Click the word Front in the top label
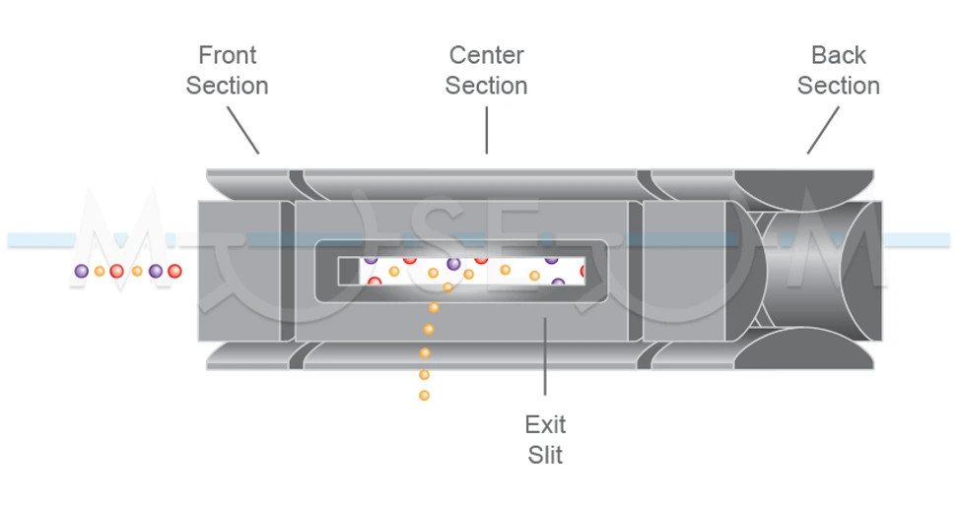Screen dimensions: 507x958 (227, 54)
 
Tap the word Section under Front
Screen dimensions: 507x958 (227, 86)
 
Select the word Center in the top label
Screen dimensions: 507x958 (486, 54)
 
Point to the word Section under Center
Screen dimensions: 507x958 (486, 86)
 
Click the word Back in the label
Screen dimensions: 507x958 (838, 54)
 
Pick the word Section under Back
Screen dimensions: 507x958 (838, 86)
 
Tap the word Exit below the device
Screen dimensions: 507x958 (545, 424)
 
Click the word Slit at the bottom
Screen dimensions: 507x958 (545, 455)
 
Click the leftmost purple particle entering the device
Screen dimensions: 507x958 (82, 271)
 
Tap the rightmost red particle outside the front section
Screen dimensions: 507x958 (174, 271)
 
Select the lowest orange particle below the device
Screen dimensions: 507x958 (424, 396)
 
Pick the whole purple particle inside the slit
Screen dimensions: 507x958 (453, 263)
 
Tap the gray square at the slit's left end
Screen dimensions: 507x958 (346, 270)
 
